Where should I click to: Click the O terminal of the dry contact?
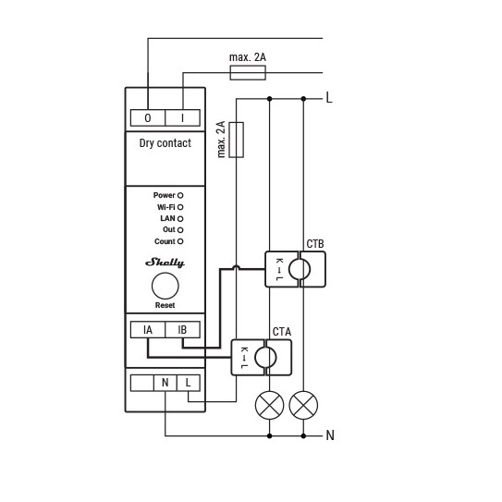click(148, 117)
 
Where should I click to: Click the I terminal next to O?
click(182, 117)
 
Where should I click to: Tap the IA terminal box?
click(148, 330)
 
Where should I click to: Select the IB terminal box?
click(182, 330)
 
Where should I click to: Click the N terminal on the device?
click(165, 383)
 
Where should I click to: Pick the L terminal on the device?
click(189, 383)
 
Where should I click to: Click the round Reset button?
click(165, 286)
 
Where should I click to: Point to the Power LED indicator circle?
click(180, 195)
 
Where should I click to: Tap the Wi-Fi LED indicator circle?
click(180, 207)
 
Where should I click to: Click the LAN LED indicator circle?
click(180, 219)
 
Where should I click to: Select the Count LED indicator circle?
click(180, 241)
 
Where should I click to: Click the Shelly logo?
click(165, 263)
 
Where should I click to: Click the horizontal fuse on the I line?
click(248, 73)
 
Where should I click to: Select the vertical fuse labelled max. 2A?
click(237, 140)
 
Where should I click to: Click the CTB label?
click(315, 244)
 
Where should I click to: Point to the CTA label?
click(282, 332)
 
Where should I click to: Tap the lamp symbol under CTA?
click(270, 405)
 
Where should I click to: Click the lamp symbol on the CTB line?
click(303, 405)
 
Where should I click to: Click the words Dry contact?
click(165, 143)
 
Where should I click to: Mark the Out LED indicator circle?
click(180, 230)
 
